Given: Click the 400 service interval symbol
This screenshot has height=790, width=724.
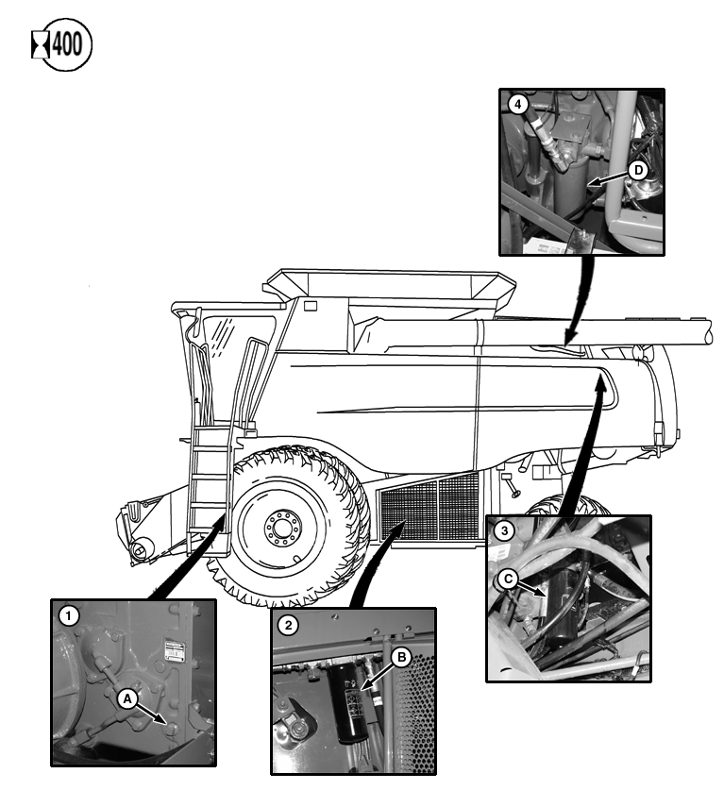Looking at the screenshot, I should point(62,45).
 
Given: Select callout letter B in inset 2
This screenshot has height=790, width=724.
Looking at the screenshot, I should point(400,659).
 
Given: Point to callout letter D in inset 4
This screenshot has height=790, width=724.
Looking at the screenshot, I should point(638,170).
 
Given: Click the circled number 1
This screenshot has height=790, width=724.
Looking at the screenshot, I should point(68,615).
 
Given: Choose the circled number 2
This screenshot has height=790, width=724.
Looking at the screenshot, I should point(287,624).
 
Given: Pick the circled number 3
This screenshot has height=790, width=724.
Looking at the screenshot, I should point(505,531).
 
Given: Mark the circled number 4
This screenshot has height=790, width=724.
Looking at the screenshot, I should point(516,105).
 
